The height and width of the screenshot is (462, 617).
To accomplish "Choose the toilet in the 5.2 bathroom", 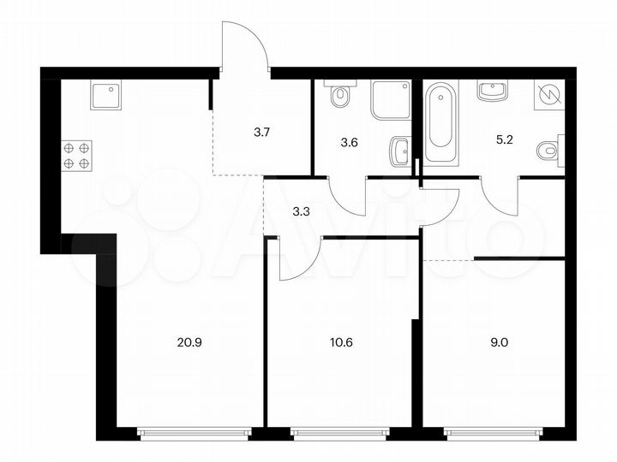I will [x=549, y=151].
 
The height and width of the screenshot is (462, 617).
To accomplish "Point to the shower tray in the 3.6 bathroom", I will [x=390, y=100].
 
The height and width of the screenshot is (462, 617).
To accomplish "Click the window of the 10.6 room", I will [x=340, y=432].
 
